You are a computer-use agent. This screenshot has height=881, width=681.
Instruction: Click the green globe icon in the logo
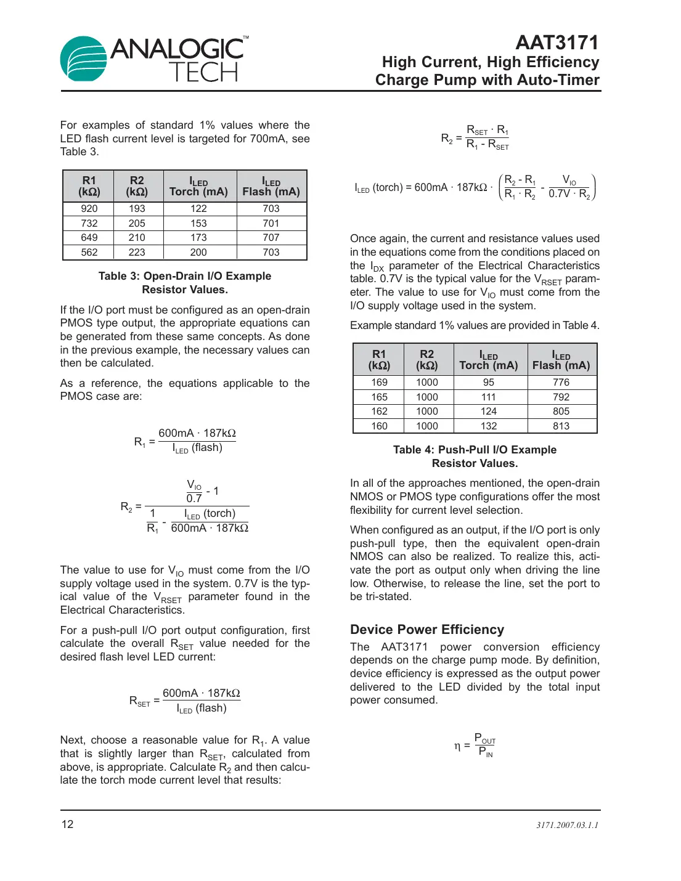[83, 59]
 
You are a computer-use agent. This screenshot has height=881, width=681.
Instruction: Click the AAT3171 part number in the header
[557, 43]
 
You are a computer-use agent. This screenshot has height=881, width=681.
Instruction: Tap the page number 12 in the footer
[67, 824]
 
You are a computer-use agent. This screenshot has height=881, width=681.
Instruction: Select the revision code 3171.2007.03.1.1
[567, 825]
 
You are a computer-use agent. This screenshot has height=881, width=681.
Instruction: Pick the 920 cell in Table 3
[89, 209]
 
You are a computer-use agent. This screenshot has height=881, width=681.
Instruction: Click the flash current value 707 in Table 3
[271, 238]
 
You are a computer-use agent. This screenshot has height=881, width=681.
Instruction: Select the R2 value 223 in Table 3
[137, 253]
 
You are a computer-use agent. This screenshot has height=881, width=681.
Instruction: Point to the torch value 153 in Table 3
[198, 224]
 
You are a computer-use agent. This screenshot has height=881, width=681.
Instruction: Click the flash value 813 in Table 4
[561, 426]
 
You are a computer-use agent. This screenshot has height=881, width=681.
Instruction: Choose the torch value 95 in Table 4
[489, 383]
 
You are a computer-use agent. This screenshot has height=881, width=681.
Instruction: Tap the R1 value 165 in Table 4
[379, 397]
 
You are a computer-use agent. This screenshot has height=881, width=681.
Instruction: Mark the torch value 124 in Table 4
[489, 412]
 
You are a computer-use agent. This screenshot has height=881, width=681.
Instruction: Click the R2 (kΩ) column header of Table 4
[427, 360]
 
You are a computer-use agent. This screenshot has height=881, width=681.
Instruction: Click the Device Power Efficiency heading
[426, 630]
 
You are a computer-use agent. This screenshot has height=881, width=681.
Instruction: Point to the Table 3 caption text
[185, 283]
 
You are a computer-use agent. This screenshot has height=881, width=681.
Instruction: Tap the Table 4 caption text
[475, 457]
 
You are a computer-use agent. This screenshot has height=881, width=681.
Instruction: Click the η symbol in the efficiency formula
[457, 747]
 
